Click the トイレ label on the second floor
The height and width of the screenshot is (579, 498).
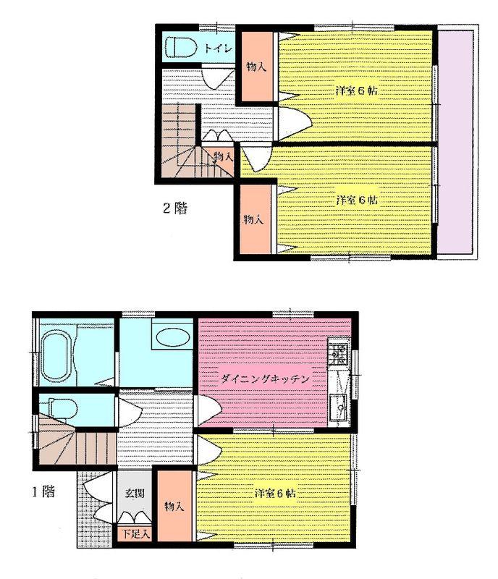217,48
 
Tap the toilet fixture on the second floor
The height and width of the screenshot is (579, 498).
181,47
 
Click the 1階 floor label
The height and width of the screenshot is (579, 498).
43,493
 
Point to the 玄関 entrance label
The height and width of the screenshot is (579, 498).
133,494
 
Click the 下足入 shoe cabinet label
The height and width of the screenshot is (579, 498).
135,535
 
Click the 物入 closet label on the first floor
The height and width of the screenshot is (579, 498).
173,506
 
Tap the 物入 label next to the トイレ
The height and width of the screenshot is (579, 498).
256,67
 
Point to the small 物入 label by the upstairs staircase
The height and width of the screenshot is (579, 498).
223,156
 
